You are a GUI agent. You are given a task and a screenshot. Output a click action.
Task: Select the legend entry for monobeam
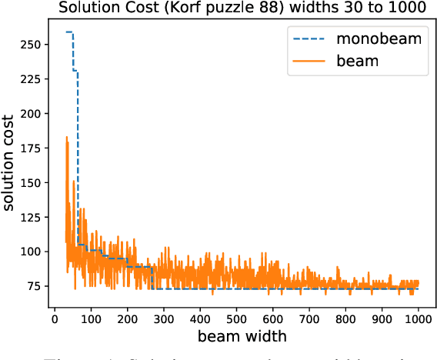(377, 39)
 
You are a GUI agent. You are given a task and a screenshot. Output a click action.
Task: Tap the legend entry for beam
(357, 60)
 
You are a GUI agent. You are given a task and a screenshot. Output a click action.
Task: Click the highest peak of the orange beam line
(67, 138)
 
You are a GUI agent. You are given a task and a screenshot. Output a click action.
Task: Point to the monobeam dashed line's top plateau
(69, 32)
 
